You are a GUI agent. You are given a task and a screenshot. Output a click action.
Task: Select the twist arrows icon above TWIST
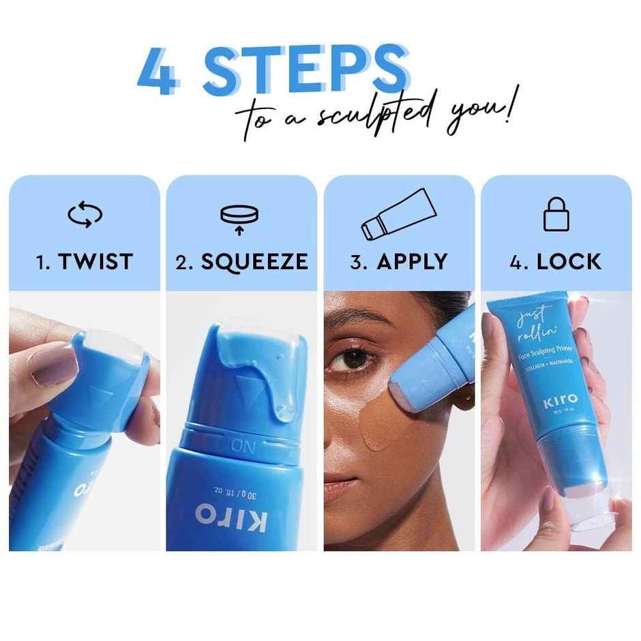(85, 215)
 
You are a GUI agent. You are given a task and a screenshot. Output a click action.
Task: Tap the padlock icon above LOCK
(555, 215)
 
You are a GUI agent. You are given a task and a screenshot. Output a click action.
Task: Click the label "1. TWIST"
(85, 261)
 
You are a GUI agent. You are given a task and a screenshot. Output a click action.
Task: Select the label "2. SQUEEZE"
(241, 261)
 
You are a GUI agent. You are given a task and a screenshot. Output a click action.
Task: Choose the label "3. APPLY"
(398, 261)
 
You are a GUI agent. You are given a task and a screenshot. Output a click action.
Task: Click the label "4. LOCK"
(555, 261)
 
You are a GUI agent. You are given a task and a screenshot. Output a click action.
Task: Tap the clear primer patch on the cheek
(376, 428)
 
